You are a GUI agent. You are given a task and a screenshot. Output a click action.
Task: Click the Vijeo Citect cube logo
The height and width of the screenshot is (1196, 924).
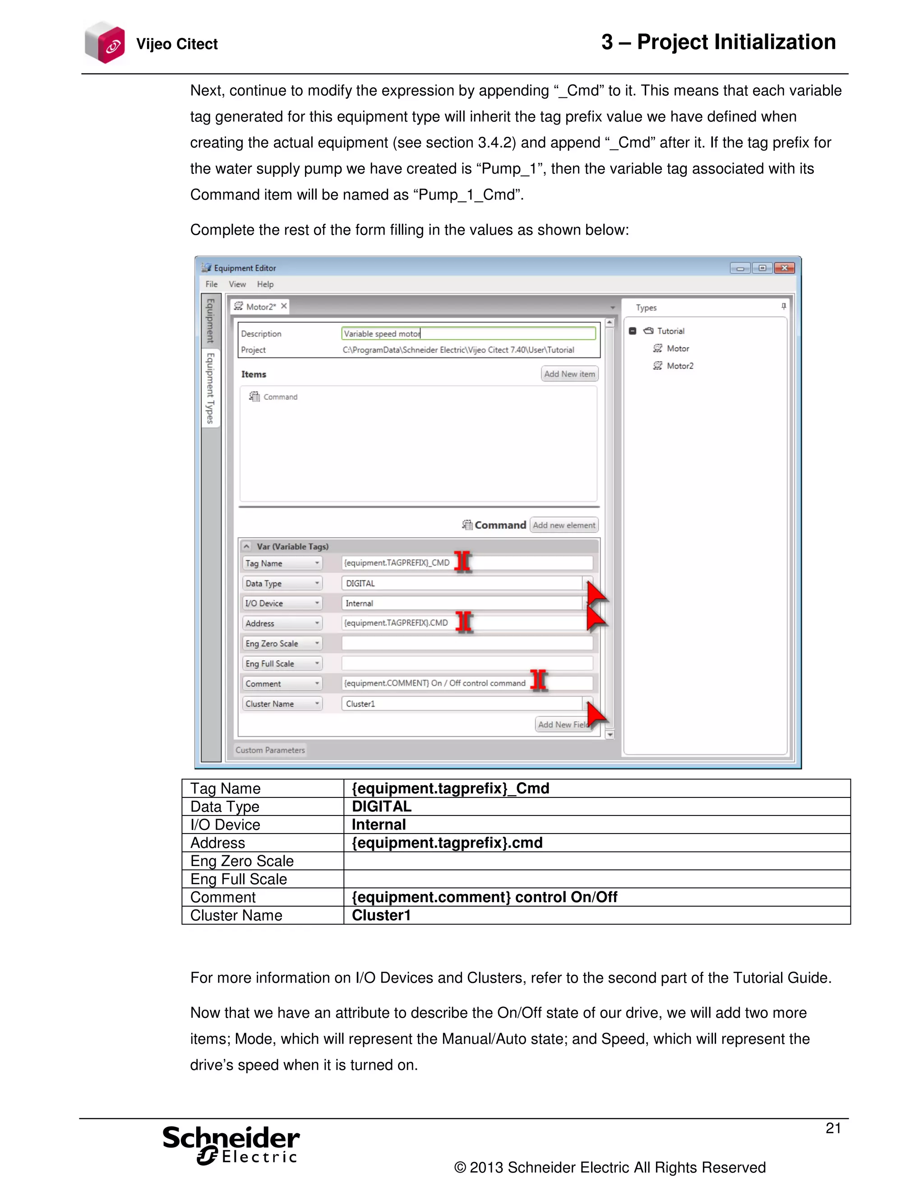[105, 43]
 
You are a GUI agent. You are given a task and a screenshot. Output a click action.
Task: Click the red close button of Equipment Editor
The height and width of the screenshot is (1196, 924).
[785, 268]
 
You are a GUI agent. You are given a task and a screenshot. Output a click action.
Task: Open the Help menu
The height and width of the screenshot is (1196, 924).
[265, 284]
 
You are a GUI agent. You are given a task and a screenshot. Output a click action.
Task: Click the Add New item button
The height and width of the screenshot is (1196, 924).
[569, 374]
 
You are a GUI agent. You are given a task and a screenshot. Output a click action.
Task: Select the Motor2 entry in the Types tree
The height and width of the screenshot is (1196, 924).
[679, 366]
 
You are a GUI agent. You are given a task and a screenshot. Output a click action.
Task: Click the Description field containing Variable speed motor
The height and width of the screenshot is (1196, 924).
[468, 334]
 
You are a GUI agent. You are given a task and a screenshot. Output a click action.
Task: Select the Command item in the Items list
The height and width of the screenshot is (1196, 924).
[280, 397]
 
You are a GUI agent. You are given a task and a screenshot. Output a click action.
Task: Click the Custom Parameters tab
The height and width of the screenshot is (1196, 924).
[270, 750]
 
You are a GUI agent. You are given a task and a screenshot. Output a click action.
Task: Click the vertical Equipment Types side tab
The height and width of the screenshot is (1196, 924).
[210, 388]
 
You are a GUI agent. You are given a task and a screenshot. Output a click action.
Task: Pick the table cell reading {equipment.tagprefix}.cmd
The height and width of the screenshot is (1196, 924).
[596, 843]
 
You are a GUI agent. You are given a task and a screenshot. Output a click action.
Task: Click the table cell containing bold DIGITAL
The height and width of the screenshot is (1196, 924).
[596, 807]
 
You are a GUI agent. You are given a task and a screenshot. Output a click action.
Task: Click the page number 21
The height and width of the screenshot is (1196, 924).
[832, 1128]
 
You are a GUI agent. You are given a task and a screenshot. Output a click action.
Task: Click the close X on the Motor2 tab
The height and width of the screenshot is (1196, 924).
[283, 306]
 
